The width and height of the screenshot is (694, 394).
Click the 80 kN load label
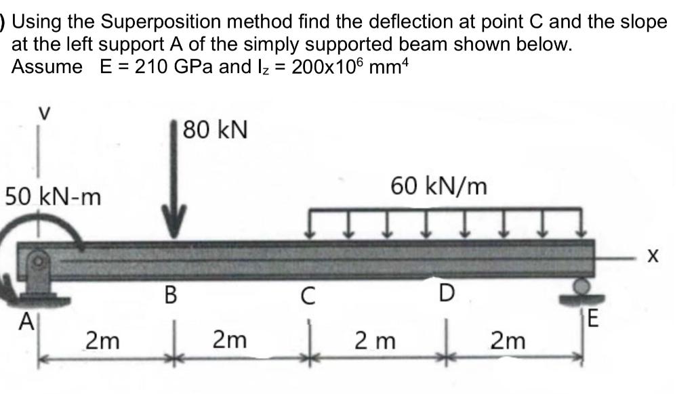[x=216, y=129]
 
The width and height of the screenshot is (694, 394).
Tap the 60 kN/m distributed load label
[x=438, y=185]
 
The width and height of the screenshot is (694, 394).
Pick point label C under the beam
[x=308, y=296]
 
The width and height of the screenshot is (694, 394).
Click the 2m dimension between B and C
[x=230, y=340]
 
